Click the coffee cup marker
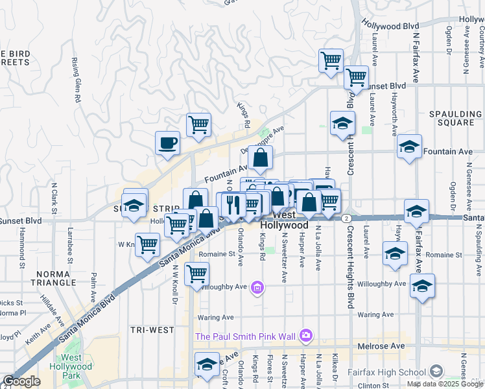click(x=168, y=143)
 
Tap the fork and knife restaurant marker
click(x=232, y=204)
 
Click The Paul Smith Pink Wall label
click(x=245, y=336)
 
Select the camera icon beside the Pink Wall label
click(x=306, y=336)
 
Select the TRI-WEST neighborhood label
click(x=151, y=330)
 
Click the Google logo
click(x=21, y=382)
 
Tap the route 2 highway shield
click(x=347, y=218)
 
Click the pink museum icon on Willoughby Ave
click(x=257, y=287)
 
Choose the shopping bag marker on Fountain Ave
click(x=260, y=158)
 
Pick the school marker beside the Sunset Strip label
click(x=134, y=204)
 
